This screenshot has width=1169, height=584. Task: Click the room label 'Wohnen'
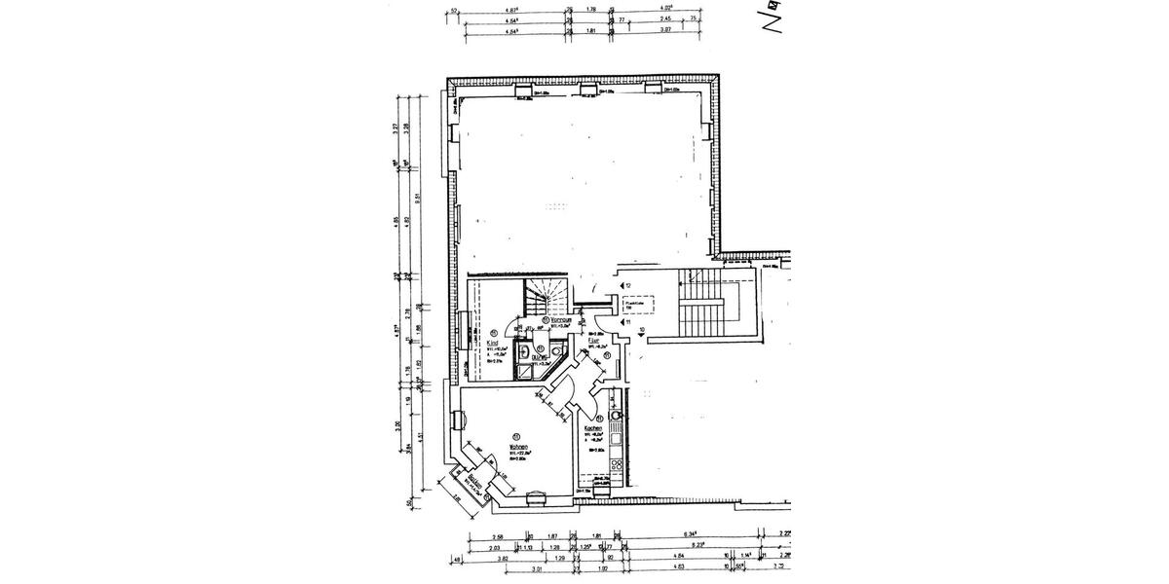[x=517, y=448]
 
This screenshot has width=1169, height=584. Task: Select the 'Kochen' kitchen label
[x=591, y=428]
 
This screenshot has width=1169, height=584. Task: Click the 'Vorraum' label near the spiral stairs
[x=561, y=319]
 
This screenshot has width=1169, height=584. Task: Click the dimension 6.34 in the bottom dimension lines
[x=689, y=534]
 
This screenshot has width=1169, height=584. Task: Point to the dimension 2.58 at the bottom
[x=498, y=534]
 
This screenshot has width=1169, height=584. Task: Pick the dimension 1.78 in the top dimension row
[x=591, y=11]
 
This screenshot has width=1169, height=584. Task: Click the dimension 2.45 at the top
[x=665, y=19]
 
